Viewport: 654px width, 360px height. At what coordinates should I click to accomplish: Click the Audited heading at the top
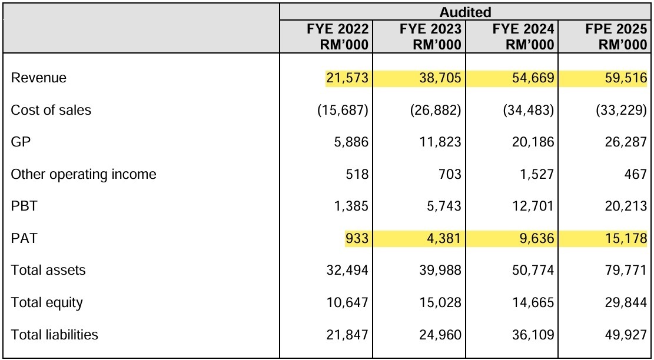[465, 12]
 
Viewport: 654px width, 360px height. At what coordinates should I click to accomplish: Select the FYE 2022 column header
[338, 36]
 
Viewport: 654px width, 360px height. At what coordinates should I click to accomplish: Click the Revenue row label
[38, 78]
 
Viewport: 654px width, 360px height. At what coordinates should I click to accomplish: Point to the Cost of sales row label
[51, 109]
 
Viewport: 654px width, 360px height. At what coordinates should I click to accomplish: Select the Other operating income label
[84, 174]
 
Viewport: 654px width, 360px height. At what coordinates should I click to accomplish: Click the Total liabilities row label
[55, 334]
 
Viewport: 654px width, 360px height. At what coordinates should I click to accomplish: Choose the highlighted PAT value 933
[357, 238]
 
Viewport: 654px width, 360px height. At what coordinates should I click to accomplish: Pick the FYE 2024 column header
[523, 36]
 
